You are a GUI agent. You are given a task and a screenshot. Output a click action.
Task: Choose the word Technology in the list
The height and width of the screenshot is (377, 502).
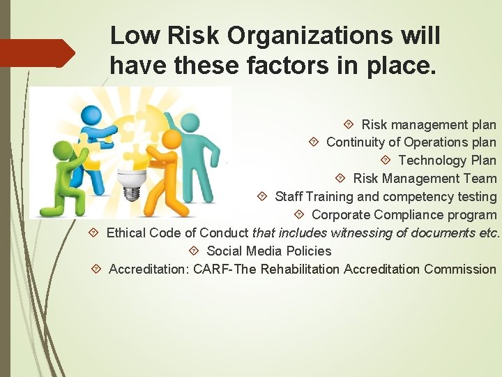coord(432,161)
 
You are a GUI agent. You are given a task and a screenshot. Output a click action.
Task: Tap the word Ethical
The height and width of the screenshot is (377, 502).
coord(128,233)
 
